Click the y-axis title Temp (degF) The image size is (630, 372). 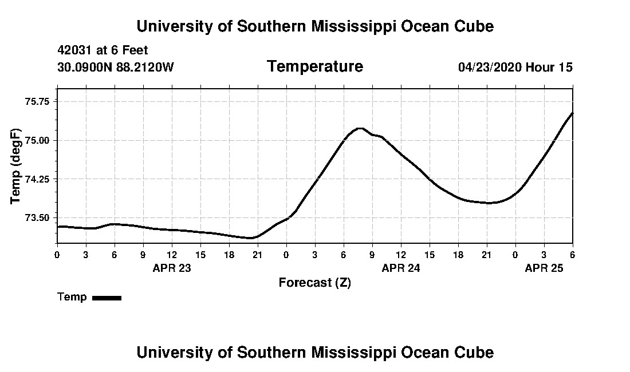pos(15,166)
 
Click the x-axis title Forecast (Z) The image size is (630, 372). pos(314,282)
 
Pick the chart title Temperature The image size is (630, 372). pos(315,66)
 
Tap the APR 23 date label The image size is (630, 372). pos(172,268)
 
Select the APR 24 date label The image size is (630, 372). pos(401,268)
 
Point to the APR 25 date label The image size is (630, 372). pos(544,268)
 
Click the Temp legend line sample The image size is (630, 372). pos(107,298)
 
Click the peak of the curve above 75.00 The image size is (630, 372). pos(360,128)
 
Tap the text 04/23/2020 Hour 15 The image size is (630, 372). pos(515,67)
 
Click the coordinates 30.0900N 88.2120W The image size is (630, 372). pos(116,67)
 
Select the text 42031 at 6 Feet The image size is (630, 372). pos(103,50)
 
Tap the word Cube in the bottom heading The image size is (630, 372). pos(477,352)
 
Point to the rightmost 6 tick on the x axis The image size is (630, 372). pos(572,254)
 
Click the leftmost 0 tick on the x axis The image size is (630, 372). pos(57,254)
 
